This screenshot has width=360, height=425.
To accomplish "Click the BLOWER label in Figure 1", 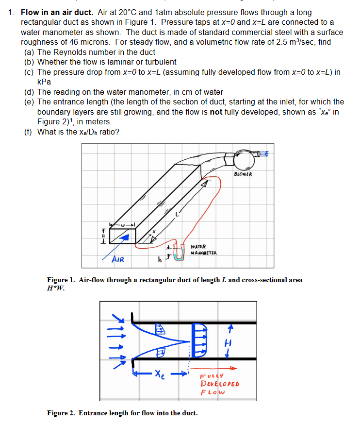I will point(243,174).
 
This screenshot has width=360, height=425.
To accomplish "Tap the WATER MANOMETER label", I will point(204,250).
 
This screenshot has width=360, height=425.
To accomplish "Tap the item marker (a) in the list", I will point(29,52).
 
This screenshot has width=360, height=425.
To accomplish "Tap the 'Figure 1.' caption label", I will point(61,280).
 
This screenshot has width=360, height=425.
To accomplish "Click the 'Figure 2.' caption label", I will point(61,413).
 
